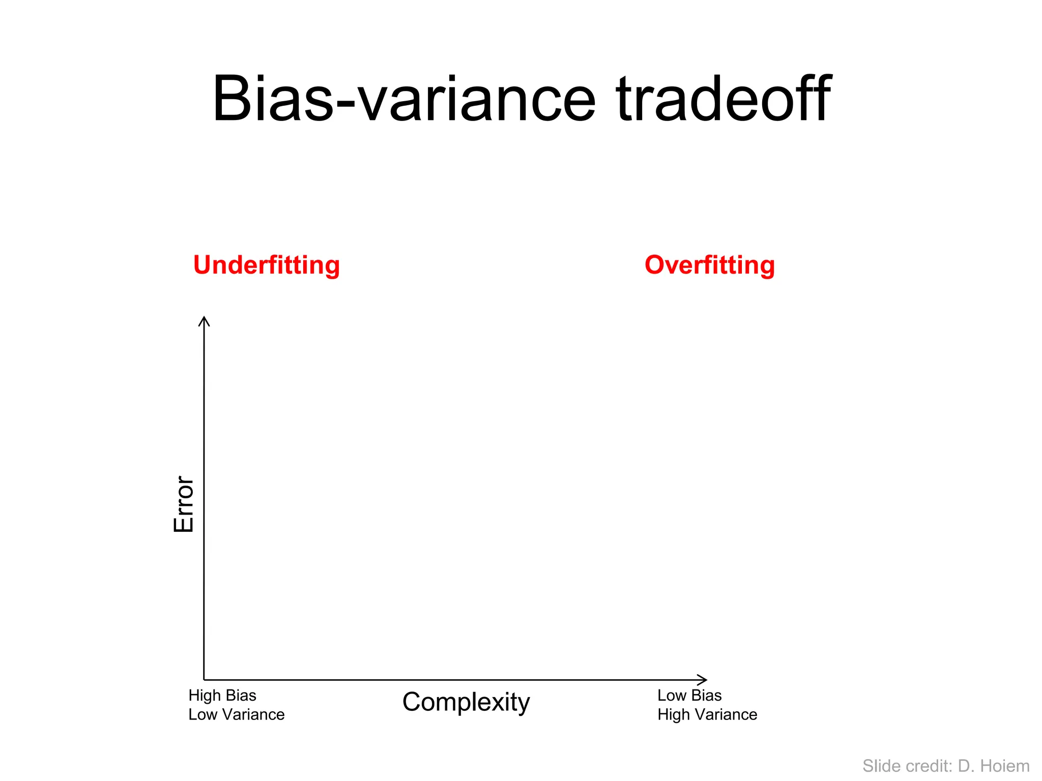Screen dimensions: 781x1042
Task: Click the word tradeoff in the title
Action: pyautogui.click(x=723, y=99)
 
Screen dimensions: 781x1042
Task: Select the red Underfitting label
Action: pyautogui.click(x=266, y=265)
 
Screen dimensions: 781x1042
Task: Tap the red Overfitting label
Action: pyautogui.click(x=710, y=265)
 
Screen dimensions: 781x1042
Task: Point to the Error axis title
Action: pyautogui.click(x=184, y=504)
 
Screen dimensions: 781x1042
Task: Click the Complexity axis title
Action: pyautogui.click(x=466, y=702)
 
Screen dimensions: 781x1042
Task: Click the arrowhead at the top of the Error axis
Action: pyautogui.click(x=204, y=320)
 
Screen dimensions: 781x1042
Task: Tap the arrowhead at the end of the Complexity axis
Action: pyautogui.click(x=703, y=680)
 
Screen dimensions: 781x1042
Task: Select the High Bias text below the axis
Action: pyautogui.click(x=222, y=696)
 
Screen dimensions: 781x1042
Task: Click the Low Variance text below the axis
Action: pyautogui.click(x=236, y=715)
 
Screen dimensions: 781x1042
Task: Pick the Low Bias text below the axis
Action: pyautogui.click(x=689, y=696)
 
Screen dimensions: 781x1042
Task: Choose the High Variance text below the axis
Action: pyautogui.click(x=707, y=715)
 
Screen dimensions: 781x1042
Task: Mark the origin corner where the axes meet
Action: pyautogui.click(x=204, y=680)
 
